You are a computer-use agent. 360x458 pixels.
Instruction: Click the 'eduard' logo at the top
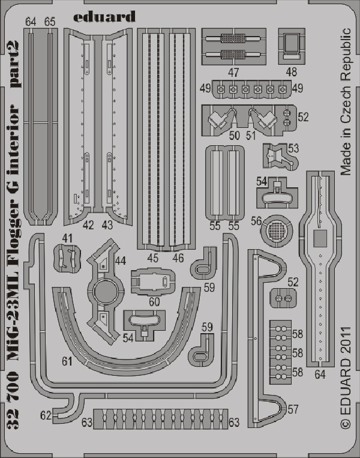[104, 16]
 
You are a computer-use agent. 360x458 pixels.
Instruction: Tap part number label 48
[292, 72]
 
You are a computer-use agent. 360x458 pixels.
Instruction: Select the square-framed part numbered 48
[292, 46]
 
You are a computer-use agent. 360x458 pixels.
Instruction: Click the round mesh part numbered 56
[276, 231]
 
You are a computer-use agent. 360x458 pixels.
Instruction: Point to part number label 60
[154, 301]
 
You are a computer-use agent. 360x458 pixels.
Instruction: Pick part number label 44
[120, 261]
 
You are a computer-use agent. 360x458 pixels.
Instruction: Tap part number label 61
[67, 361]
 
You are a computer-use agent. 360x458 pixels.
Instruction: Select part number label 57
[293, 409]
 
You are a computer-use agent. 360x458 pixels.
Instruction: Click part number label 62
[46, 415]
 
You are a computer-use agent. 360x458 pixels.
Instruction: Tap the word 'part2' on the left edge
[14, 64]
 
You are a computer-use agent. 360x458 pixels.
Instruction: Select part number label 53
[293, 148]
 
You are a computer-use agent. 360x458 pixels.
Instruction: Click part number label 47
[233, 72]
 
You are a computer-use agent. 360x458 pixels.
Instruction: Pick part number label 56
[256, 221]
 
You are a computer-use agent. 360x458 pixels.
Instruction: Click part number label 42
[88, 225]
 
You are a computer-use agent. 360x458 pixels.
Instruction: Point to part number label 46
[178, 258]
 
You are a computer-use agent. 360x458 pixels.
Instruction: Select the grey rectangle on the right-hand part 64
[320, 238]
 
